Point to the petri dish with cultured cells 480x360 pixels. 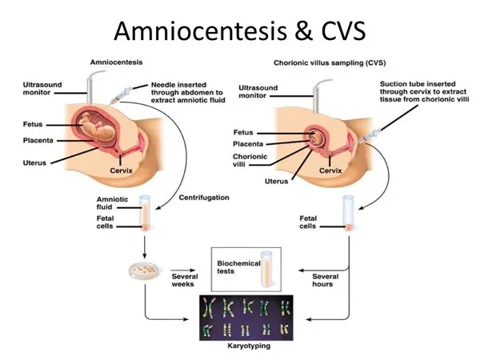(x=145, y=270)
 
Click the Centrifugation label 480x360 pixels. (x=203, y=197)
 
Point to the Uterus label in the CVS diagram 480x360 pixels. (x=276, y=181)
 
